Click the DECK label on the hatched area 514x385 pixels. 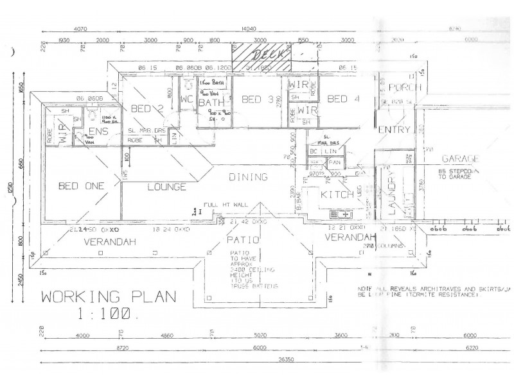pos(262,55)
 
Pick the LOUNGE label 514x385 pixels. pos(166,187)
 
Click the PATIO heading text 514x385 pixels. pos(242,240)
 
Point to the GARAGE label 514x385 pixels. pos(461,159)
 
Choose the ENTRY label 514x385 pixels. pos(394,130)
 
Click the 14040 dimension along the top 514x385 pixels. pos(249,29)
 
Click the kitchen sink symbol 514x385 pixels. pos(339,214)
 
